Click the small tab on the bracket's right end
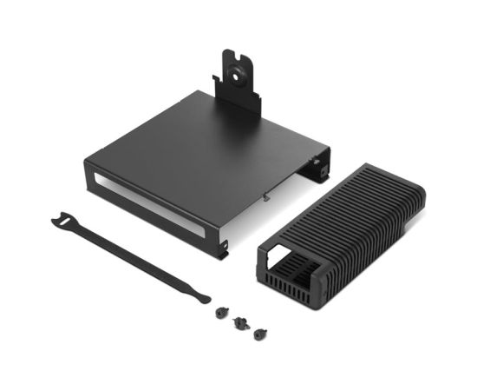(325, 171)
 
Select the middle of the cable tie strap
(130, 255)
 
